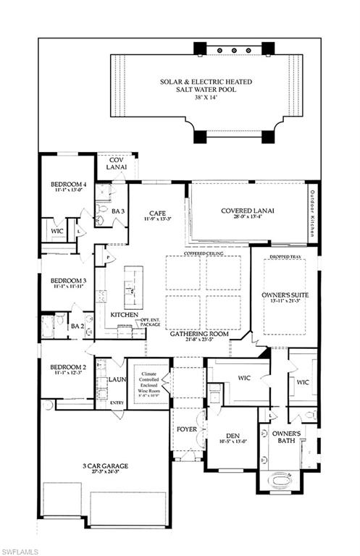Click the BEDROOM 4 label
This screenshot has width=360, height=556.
click(x=68, y=185)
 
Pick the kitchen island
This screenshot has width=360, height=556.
click(x=133, y=287)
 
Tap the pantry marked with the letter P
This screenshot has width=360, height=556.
click(x=108, y=256)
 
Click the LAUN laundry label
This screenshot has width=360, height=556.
click(x=117, y=379)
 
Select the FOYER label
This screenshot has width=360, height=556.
click(x=186, y=429)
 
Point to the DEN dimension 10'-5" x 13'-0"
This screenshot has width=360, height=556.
click(x=233, y=440)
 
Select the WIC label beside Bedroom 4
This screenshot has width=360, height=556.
click(x=56, y=232)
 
